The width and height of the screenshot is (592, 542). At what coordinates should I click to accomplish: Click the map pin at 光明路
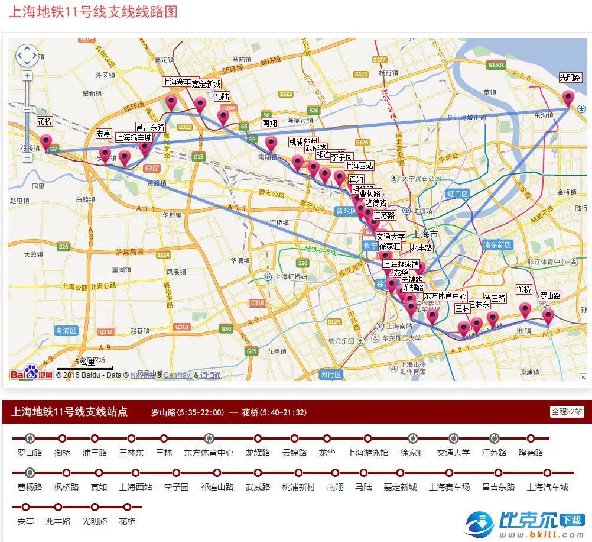[568, 97]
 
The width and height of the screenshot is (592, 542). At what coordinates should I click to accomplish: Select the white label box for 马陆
[222, 96]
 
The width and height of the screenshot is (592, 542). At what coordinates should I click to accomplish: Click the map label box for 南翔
[269, 123]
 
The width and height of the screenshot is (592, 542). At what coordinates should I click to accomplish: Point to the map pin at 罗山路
[548, 315]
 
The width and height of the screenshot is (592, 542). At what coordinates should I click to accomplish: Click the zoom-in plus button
[27, 76]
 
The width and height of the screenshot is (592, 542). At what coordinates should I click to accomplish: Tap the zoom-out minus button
[27, 157]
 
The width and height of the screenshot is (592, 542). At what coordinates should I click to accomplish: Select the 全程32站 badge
[567, 412]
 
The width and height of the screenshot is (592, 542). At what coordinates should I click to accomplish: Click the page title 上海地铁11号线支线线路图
[93, 12]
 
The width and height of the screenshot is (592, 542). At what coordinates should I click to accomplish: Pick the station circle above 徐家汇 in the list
[412, 438]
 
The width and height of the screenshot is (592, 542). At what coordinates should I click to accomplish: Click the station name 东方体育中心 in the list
[209, 453]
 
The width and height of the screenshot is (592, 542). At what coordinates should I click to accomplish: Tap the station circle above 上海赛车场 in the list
[449, 473]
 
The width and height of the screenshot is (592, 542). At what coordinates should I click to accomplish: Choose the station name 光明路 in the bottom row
[95, 522]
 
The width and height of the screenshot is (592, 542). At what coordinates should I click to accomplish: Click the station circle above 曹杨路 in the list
[30, 473]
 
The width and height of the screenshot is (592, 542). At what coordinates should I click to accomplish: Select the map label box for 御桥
[523, 289]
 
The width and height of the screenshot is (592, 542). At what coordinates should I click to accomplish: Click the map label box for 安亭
[104, 134]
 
